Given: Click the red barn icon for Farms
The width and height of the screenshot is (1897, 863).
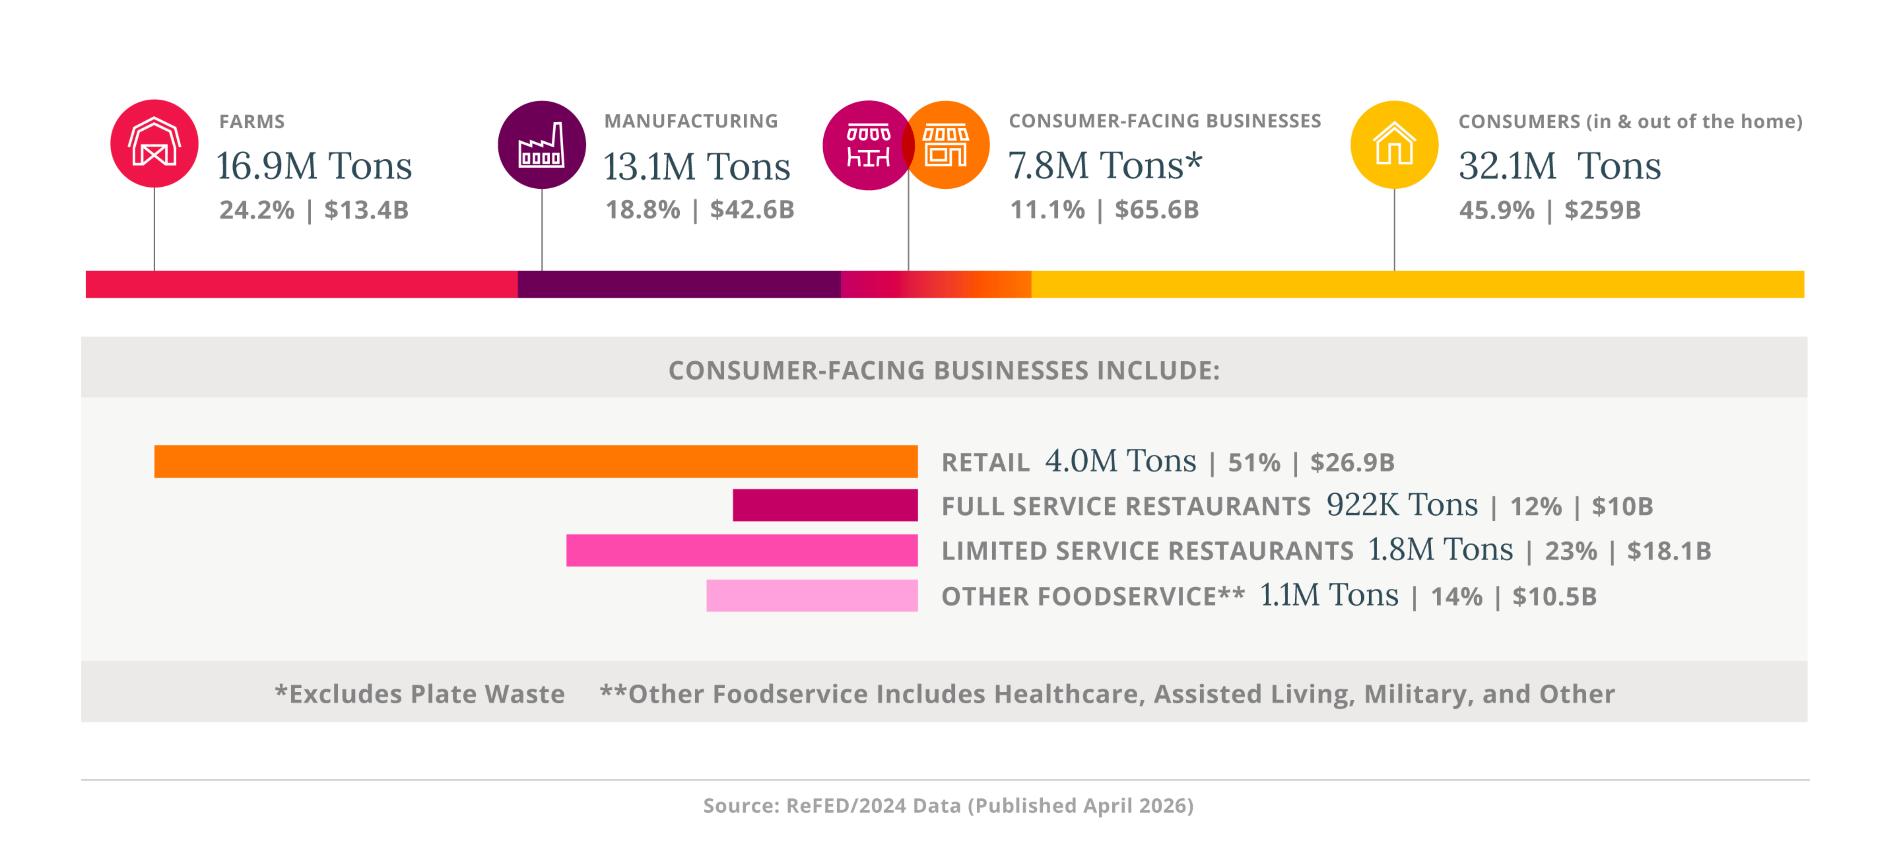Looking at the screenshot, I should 154,144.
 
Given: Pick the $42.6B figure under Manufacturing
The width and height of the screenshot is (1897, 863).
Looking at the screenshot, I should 752,210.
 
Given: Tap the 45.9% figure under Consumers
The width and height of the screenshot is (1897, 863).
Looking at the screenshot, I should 1496,211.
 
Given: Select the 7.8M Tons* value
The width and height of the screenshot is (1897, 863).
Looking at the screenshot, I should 1104,166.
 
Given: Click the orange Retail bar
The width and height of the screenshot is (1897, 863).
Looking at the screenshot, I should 535,462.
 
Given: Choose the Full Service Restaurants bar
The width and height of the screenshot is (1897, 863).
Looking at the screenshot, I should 825,505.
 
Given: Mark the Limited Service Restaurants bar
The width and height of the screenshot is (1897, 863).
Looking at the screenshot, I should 741,551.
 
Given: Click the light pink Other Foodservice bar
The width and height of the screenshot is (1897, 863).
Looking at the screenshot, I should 812,596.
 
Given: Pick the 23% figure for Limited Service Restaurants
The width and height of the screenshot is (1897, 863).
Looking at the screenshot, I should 1571,552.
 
